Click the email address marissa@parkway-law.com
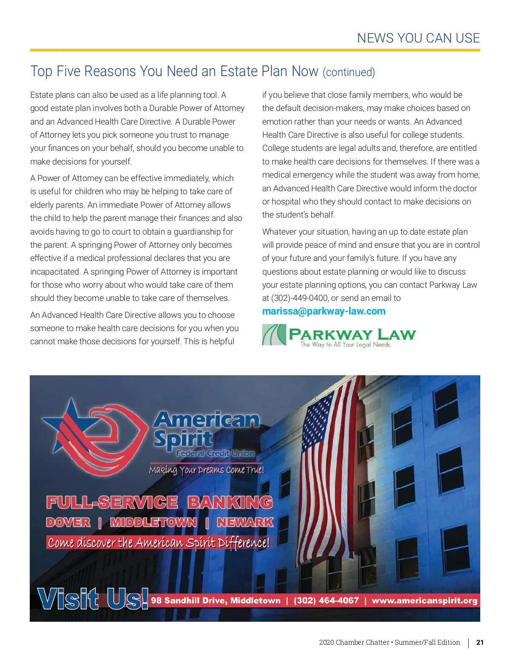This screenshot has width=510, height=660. click(x=323, y=311)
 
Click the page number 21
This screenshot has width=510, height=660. click(x=480, y=642)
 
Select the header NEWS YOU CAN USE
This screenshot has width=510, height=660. click(x=418, y=38)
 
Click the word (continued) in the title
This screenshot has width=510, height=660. click(x=349, y=72)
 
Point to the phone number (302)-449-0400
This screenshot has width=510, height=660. click(x=300, y=298)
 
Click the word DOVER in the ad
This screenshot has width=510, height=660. click(x=68, y=522)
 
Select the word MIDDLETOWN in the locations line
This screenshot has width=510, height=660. click(x=153, y=522)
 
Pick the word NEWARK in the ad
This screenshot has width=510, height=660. click(x=245, y=522)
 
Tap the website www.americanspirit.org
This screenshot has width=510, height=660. click(x=424, y=601)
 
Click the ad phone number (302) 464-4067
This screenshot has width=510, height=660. click(x=326, y=601)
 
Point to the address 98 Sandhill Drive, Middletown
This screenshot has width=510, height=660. click(x=215, y=601)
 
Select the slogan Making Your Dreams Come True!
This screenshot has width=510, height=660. click(x=207, y=470)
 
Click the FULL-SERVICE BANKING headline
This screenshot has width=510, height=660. click(x=159, y=502)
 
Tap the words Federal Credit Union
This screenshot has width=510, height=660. click(x=215, y=453)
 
